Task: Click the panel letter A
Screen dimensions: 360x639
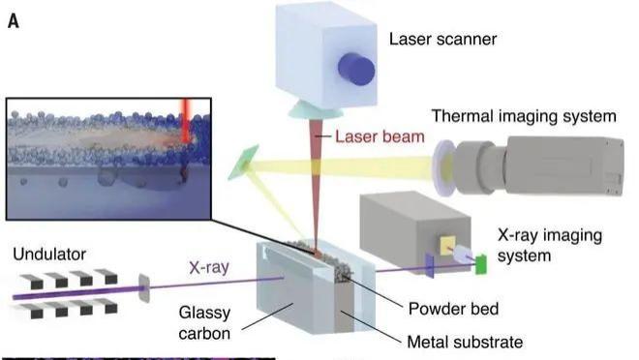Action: (x=14, y=18)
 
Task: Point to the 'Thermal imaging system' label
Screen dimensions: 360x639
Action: (x=524, y=117)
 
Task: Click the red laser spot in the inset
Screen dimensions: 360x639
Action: (x=184, y=126)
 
